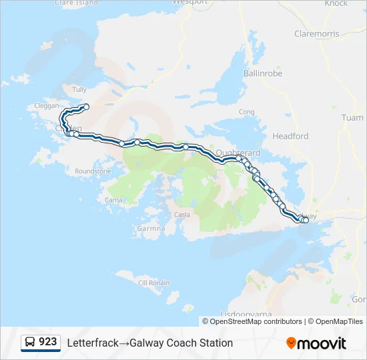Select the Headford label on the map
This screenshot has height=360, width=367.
(290, 136)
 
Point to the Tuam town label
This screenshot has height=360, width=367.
(352, 118)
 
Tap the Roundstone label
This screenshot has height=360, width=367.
(93, 171)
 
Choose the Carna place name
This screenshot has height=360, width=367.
(113, 199)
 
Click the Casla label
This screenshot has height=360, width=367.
(181, 215)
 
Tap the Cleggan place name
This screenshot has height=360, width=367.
(45, 106)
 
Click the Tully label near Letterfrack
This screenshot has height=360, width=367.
(79, 89)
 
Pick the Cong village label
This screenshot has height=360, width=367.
(246, 112)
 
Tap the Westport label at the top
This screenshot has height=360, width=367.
(190, 2)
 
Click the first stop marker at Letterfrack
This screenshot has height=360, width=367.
(86, 107)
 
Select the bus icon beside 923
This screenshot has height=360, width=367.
(30, 343)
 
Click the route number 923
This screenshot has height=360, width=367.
(48, 342)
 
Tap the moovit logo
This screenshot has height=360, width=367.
(316, 343)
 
